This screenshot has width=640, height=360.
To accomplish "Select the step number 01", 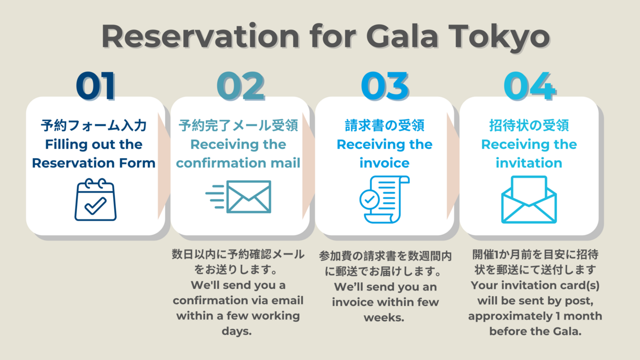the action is pos(96,86).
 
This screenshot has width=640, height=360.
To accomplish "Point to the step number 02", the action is pos(240,86).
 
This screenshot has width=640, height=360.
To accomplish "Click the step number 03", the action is pos(385,86).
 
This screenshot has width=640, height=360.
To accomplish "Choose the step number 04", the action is pos(530,86).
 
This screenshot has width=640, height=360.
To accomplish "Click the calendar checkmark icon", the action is pos(96,200).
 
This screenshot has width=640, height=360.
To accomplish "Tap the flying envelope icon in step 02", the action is pos(238,197).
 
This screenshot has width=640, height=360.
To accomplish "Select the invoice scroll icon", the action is pos(385,199).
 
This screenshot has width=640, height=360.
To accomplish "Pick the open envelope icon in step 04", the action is pos(529,200).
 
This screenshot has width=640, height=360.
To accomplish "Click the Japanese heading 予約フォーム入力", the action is pos(94,125).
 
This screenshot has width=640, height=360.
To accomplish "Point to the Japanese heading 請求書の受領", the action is pos(385,125).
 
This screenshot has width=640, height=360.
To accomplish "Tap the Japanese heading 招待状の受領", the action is pos(529,125).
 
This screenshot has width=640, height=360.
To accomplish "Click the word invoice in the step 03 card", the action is pos(385,163).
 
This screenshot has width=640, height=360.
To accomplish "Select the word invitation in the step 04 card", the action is pos(529,163).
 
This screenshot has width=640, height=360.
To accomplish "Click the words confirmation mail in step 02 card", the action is pos(238,163).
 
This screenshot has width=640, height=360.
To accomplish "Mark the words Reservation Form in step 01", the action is pos(94,163).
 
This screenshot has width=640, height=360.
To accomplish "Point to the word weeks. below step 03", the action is pos(384,317).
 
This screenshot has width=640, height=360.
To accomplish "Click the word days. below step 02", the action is pos(237,331).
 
